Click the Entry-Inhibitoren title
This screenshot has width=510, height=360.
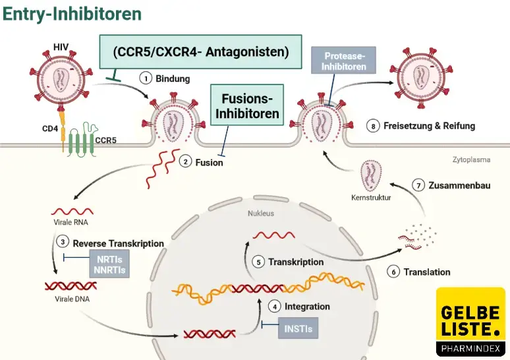[72, 14]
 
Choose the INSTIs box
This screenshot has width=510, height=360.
[298, 327]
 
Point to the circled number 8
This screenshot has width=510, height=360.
[374, 125]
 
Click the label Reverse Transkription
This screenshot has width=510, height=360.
[118, 243]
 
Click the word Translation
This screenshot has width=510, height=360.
[427, 272]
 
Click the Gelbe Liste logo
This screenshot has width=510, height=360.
[470, 322]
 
